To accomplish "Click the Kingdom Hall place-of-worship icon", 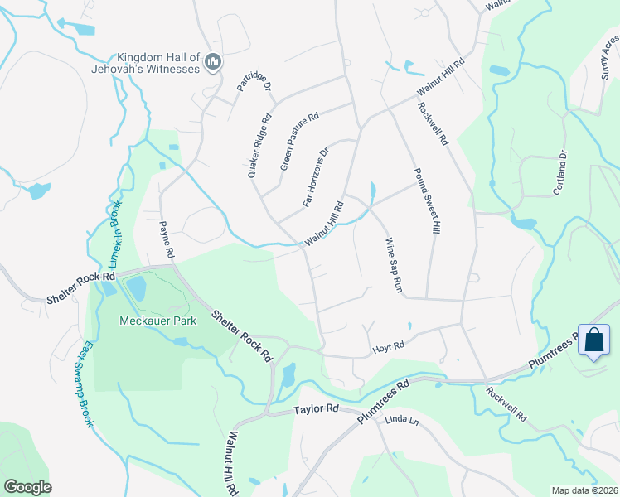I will tap(213, 62).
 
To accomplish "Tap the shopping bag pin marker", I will tap(594, 340).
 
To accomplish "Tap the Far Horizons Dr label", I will tap(316, 176).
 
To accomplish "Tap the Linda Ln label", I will tap(402, 422).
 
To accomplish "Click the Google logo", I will tap(27, 487).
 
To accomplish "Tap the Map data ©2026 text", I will tap(584, 490).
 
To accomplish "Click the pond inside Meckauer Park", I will tap(137, 288).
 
